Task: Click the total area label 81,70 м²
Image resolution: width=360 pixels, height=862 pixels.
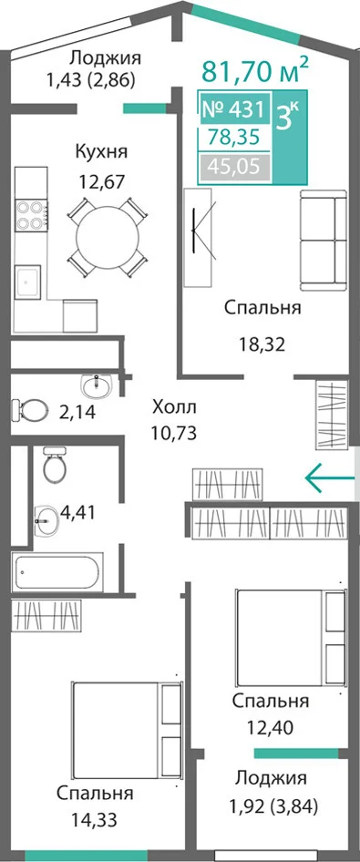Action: pos(254,69)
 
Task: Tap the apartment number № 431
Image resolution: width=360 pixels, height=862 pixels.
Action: pos(234,109)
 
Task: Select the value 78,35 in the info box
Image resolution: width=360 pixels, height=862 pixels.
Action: pos(235,138)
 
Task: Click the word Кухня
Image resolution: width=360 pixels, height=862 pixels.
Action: pos(101,152)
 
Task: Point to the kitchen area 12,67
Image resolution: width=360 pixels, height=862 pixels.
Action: pos(101,180)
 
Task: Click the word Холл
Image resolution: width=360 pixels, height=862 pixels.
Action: pos(174,408)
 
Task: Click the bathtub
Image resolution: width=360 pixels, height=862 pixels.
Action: pos(57,572)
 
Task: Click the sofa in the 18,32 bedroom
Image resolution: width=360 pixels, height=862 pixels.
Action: pos(324,240)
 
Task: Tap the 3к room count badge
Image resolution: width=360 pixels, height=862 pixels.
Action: pos(287,116)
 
